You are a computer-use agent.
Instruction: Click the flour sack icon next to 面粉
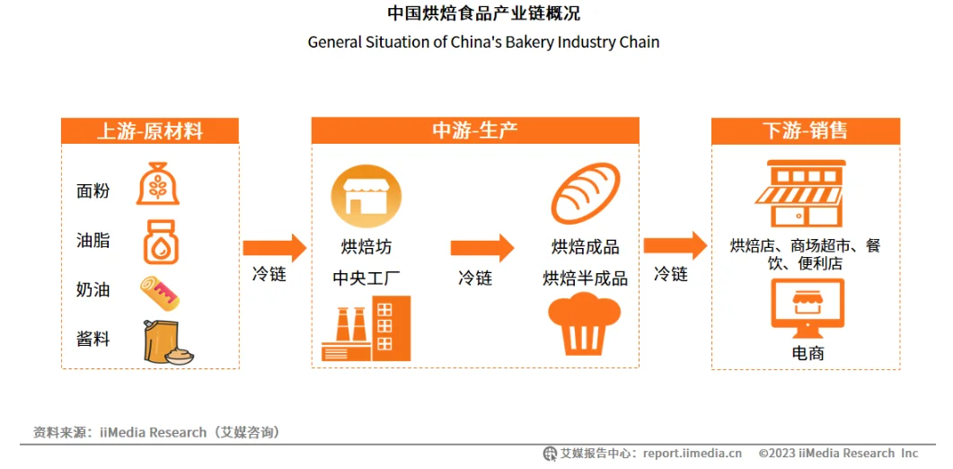click(157, 184)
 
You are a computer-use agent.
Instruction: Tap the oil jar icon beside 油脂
click(161, 240)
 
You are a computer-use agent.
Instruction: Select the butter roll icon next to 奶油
click(161, 291)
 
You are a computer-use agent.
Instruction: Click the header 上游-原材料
click(150, 131)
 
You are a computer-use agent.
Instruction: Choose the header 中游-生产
click(474, 131)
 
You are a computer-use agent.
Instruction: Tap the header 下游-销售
click(805, 131)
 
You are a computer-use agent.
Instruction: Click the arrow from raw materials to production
click(274, 247)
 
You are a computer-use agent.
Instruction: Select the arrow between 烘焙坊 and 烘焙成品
click(482, 247)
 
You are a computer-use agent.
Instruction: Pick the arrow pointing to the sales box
click(675, 244)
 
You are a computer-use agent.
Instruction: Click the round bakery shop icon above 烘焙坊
click(366, 196)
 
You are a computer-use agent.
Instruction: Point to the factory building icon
click(366, 329)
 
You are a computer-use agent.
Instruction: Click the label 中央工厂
click(366, 278)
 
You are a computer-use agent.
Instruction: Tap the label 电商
click(807, 353)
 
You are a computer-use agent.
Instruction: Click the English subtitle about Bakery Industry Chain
click(483, 42)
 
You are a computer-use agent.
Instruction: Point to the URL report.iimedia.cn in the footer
click(693, 453)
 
